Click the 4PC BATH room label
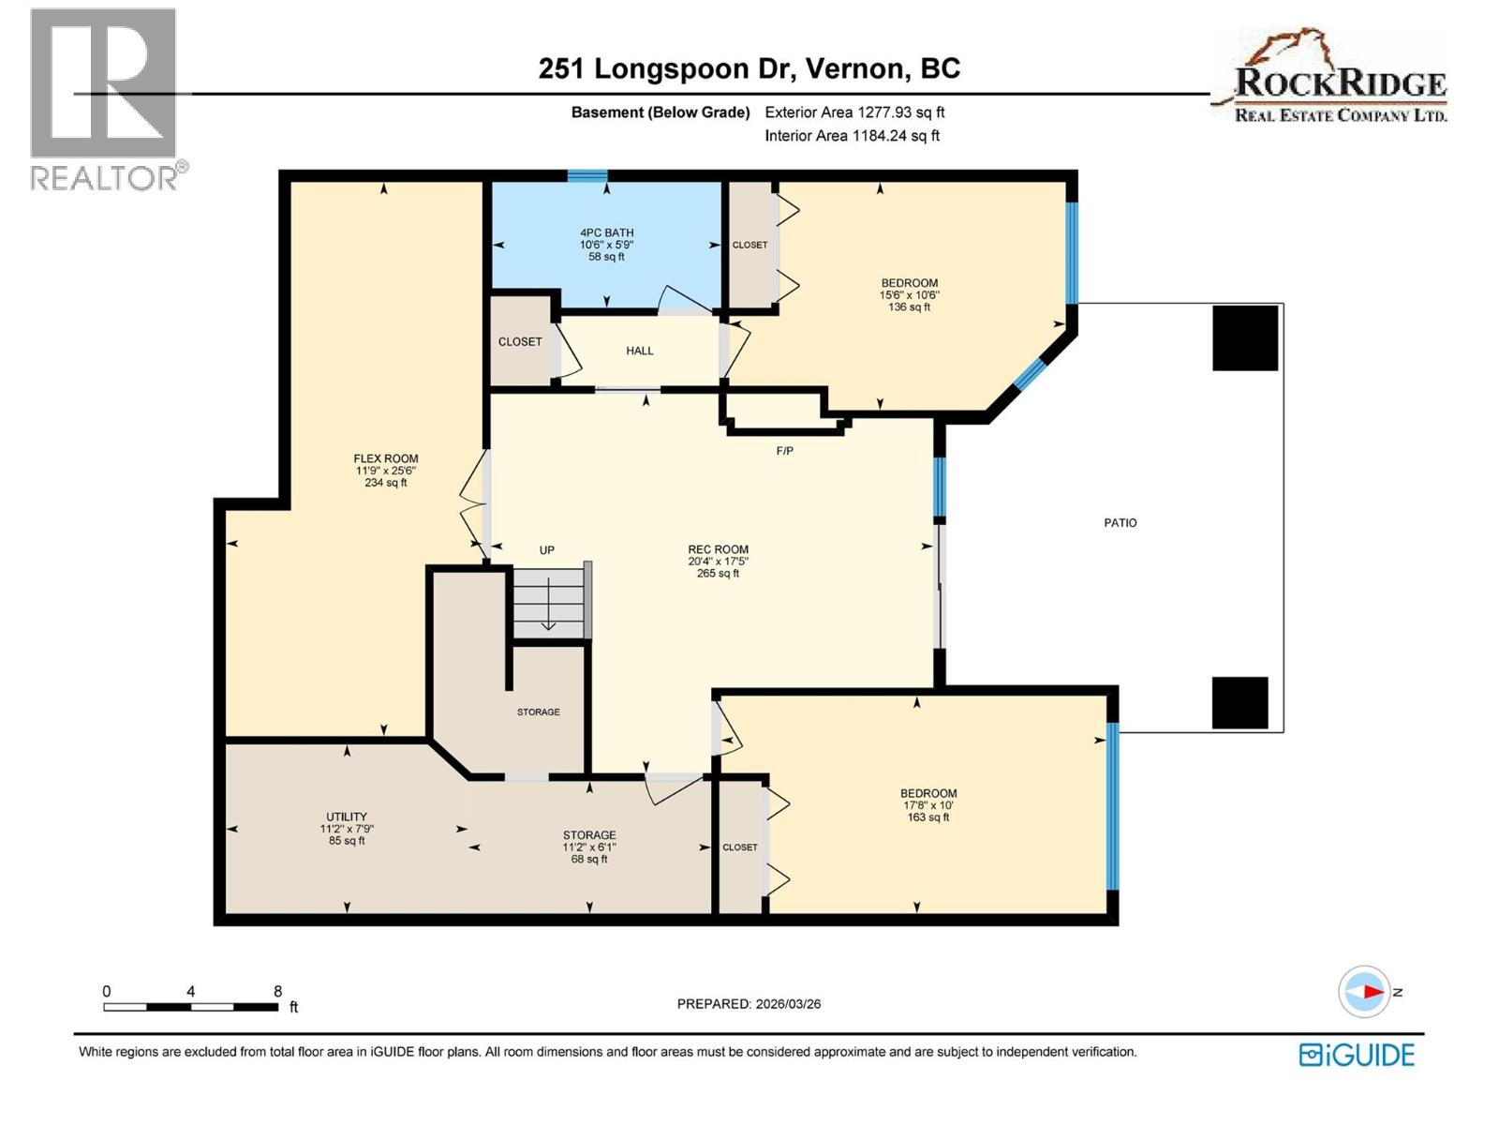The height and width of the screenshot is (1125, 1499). click(606, 232)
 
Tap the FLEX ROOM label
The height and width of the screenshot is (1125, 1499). click(386, 458)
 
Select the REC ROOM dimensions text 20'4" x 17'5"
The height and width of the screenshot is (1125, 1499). click(718, 562)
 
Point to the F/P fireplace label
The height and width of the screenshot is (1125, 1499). click(785, 451)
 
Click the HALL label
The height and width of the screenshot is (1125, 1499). click(640, 351)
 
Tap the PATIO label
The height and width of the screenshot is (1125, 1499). click(1120, 523)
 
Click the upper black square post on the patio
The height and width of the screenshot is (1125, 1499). click(1245, 337)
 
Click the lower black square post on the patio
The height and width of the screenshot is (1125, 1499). click(1239, 702)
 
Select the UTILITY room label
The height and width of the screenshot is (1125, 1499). click(347, 817)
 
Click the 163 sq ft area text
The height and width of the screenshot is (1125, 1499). click(928, 817)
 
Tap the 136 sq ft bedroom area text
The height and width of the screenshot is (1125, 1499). click(909, 307)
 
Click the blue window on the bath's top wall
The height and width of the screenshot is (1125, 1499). click(587, 175)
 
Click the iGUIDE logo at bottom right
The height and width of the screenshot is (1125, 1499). click(1357, 1055)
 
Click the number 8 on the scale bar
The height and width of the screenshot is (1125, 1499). click(277, 991)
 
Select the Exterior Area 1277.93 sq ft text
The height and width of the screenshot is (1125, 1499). click(854, 112)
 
